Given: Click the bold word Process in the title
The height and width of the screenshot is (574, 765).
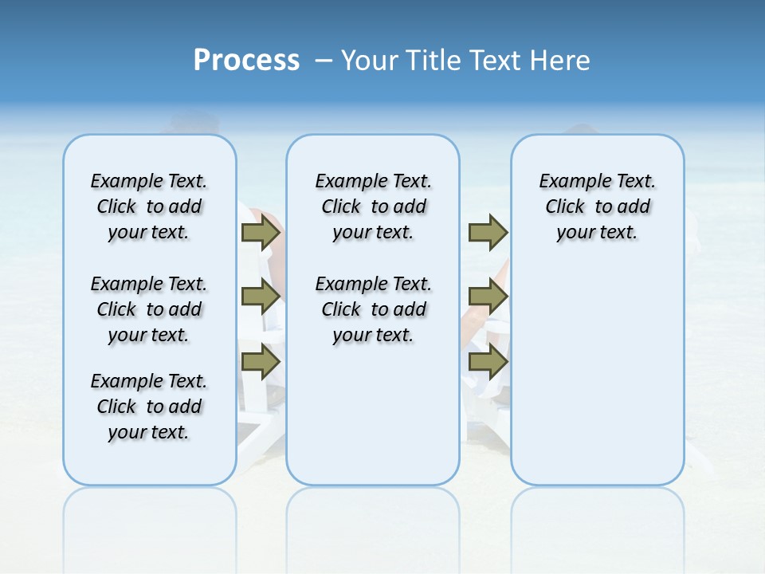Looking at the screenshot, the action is pos(246,60).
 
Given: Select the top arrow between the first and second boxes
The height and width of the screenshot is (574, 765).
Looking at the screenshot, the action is pos(261,233).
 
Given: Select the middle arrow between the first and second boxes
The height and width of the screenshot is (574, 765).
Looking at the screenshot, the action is pos(261,297).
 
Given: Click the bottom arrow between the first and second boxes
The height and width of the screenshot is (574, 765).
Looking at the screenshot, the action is pos(261,361).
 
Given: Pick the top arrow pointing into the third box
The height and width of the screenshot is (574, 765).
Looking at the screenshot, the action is pos(488,233).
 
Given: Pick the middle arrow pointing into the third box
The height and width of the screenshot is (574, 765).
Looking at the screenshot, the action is pos(488,297).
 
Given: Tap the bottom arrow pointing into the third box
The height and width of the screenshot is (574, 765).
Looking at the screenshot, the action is pos(488,361).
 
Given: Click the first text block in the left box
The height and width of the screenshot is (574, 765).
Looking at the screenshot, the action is pos(149,206).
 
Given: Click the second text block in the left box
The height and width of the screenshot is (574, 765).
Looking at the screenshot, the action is pos(149,309).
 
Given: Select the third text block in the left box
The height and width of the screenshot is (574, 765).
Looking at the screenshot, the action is pos(149,407).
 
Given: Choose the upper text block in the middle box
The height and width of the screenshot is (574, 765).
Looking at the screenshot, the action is pos(373,206).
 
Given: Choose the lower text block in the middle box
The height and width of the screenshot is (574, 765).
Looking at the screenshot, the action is pos(373,309).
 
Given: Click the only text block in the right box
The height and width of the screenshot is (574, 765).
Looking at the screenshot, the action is pos(597,206).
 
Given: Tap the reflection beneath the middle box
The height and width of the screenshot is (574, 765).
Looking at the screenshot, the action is pos(373,518).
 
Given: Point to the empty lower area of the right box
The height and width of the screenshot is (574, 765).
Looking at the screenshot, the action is pos(597,383).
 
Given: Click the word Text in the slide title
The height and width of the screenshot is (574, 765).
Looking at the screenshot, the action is pos(498,61).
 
